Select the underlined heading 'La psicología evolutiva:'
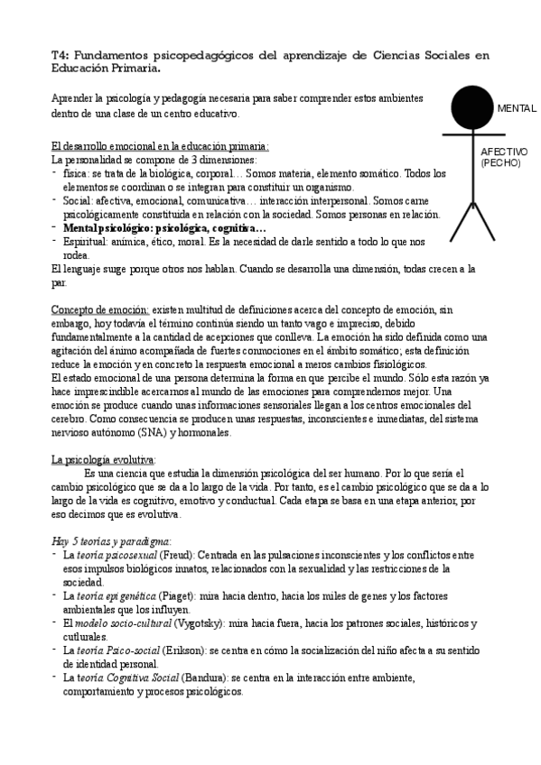pyautogui.click(x=104, y=459)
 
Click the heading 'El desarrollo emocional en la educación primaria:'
pyautogui.click(x=160, y=146)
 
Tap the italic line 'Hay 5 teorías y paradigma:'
pyautogui.click(x=111, y=540)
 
